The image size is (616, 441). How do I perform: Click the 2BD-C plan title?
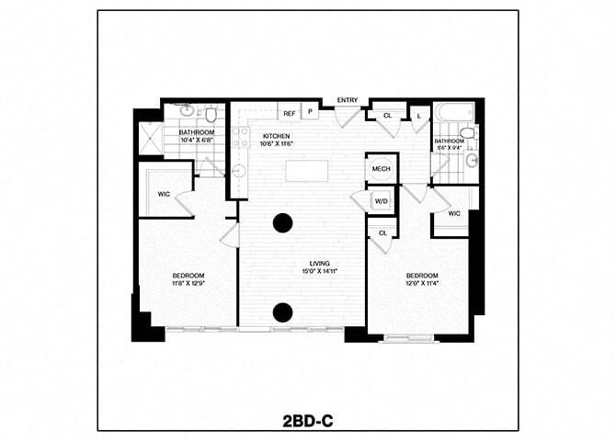(308, 421)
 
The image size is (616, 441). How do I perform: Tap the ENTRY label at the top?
(348, 100)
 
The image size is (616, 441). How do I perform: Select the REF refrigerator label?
(289, 114)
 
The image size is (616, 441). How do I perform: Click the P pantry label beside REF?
(310, 114)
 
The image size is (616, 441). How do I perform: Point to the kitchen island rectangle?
(306, 171)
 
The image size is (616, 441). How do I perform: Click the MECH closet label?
(381, 170)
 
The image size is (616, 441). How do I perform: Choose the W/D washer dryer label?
(381, 201)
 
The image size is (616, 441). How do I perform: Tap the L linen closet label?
(418, 116)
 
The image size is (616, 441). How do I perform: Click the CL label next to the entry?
(387, 116)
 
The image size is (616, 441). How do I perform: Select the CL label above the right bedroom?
(382, 233)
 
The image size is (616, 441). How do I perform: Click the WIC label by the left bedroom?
(164, 194)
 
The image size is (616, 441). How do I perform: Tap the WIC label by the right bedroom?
(453, 213)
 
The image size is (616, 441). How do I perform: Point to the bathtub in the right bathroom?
(453, 113)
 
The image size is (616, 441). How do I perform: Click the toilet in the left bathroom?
(211, 115)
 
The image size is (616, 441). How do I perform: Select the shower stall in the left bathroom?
(150, 138)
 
